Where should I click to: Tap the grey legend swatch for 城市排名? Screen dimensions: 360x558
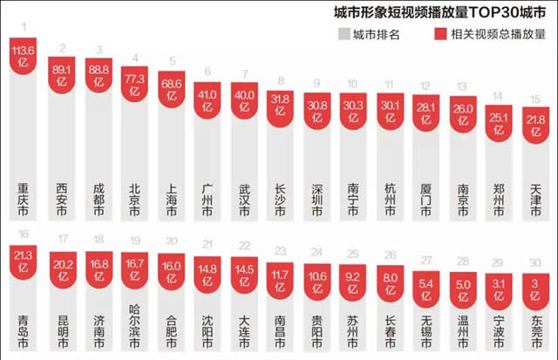[x=344, y=34]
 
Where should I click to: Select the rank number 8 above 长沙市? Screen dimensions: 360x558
[x=279, y=81]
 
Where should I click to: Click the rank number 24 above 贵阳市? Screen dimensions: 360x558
[x=317, y=253]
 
